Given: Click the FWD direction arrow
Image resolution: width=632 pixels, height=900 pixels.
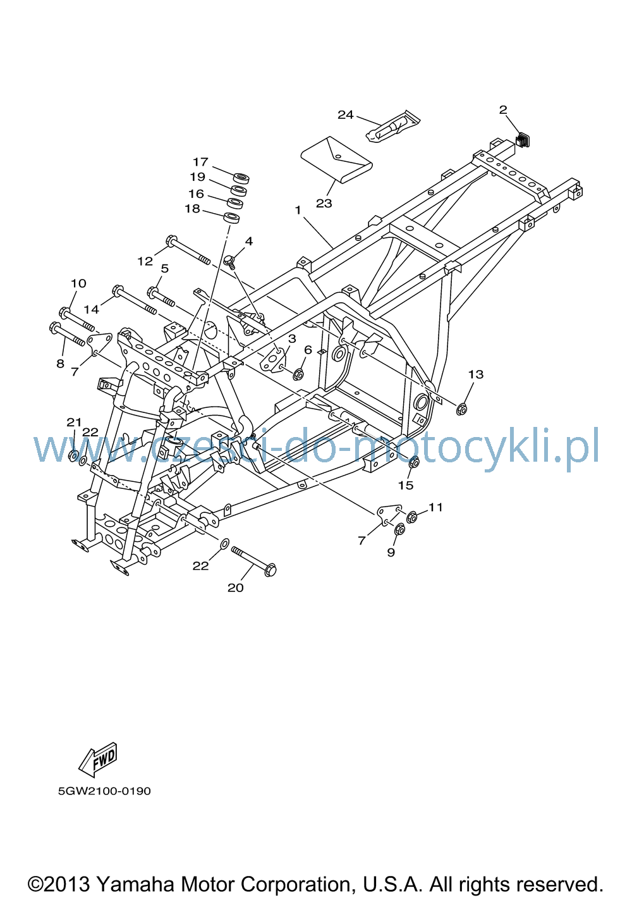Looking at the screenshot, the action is point(97,760).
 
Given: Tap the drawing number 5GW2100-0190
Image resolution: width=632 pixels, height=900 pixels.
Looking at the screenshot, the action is point(104,791).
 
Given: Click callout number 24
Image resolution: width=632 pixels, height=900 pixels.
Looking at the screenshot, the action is point(345,115).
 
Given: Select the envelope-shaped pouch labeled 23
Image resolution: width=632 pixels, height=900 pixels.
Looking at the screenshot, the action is point(336,160).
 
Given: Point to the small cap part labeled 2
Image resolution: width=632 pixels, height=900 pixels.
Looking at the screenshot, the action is point(523,140).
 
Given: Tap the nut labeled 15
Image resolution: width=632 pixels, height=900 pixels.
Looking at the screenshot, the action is point(414,462).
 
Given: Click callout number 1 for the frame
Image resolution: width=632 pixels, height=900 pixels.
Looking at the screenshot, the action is point(298,210).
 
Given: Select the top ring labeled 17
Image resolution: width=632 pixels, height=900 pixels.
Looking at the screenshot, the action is point(241,178).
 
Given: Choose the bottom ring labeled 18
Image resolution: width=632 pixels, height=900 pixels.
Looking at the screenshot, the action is point(231,218).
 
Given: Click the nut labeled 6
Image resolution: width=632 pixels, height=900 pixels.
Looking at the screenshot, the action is point(298,374).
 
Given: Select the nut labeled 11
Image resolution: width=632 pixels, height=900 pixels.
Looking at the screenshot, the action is point(411,517).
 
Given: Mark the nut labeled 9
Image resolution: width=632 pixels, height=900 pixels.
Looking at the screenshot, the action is point(399,529).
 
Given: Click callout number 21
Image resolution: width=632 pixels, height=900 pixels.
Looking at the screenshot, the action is point(74,422).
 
